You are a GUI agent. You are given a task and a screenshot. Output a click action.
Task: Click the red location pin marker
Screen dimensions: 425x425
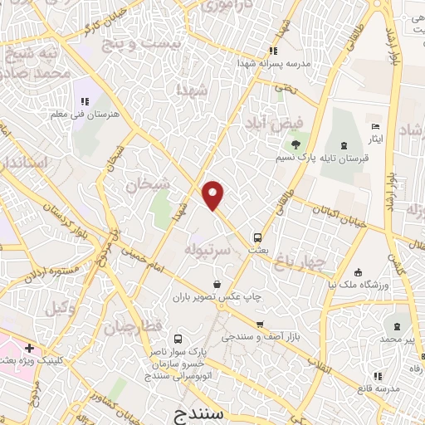pyautogui.click(x=214, y=195)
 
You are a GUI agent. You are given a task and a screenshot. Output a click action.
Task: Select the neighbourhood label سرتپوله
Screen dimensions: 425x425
pyautogui.click(x=194, y=248)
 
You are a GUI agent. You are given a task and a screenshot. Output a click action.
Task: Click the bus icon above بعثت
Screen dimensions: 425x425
pyautogui.click(x=258, y=235)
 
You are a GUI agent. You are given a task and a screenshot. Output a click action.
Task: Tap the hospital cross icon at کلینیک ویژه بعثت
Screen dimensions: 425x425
pyautogui.click(x=29, y=348)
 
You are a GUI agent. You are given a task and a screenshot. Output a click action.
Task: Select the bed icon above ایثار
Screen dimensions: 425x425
pyautogui.click(x=377, y=126)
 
